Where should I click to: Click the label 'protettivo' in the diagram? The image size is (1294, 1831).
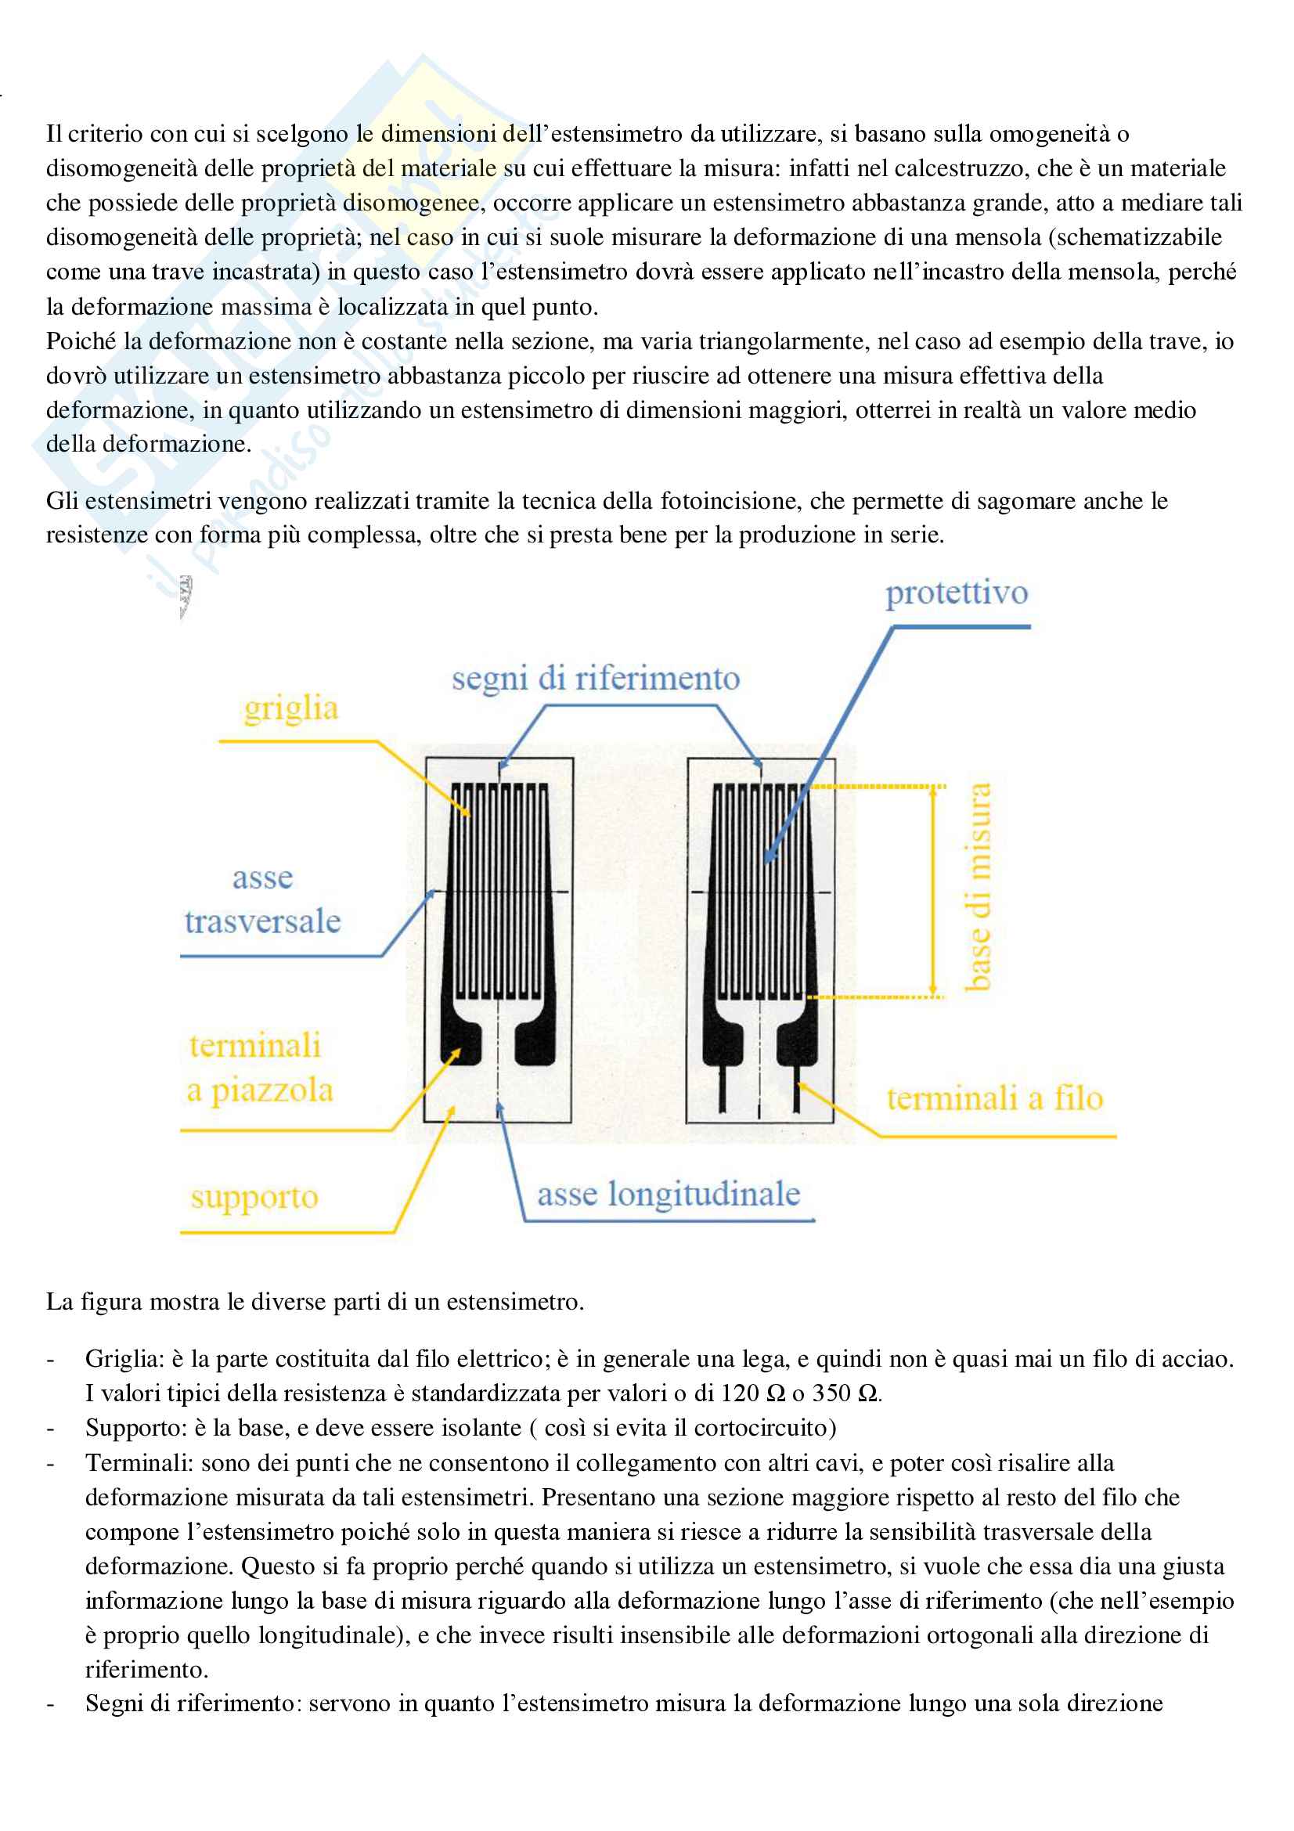[x=956, y=593]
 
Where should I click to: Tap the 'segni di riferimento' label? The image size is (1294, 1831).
[x=596, y=679]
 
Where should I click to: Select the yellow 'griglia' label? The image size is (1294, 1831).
[x=291, y=709]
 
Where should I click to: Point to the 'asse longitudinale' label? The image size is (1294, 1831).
[x=668, y=1194]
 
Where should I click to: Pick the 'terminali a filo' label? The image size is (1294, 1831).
[x=994, y=1099]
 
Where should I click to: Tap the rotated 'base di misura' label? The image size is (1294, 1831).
[x=978, y=887]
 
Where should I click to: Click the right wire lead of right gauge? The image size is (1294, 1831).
[x=796, y=1089]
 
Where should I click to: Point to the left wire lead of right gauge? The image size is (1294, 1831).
[x=723, y=1089]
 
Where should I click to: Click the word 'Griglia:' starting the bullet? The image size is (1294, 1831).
[x=124, y=1359]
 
